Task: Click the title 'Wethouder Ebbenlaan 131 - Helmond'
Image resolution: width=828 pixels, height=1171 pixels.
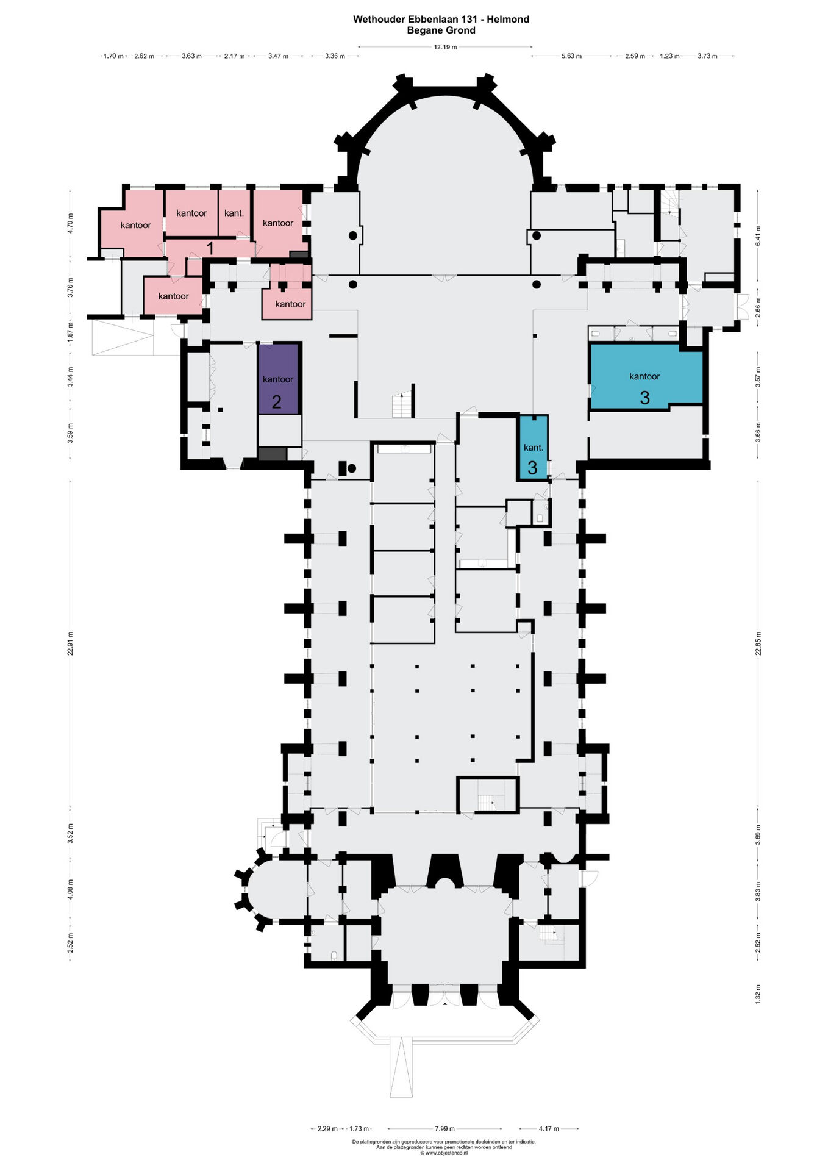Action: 441,19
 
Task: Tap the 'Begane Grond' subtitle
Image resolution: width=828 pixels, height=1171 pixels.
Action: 441,30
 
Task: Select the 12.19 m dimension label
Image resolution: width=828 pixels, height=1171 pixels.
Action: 445,47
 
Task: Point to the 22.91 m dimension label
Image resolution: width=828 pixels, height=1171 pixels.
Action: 70,643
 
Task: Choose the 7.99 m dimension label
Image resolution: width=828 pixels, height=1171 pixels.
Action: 444,1129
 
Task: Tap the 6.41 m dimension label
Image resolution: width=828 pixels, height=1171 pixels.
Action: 758,235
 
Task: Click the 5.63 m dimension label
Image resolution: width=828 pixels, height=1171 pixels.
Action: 571,56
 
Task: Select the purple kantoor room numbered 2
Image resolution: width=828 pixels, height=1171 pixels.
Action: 278,379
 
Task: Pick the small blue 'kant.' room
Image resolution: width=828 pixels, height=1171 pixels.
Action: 533,447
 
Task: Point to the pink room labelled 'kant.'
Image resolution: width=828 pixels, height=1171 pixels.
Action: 234,213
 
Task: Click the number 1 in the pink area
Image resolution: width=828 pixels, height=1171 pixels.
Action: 210,248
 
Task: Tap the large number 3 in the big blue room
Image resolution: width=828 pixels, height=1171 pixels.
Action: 644,398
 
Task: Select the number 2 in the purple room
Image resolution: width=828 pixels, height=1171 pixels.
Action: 276,402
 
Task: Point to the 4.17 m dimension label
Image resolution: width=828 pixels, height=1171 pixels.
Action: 548,1129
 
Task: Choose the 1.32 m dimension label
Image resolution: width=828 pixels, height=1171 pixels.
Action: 758,994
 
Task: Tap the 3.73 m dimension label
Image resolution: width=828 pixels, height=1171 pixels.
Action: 707,56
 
